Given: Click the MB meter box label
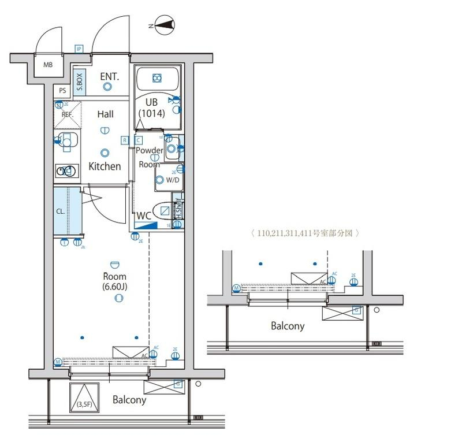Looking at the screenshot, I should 48,65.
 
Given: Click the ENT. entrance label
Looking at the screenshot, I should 109,76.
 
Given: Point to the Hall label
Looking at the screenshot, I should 105,114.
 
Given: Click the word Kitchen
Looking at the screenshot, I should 105,166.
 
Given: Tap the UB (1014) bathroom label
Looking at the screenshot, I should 151,108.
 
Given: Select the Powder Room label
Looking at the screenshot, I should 149,157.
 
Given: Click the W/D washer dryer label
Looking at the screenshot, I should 173,180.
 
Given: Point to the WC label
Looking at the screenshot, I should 144,216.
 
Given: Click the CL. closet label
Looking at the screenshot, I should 61,211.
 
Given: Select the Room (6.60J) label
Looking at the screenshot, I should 114,281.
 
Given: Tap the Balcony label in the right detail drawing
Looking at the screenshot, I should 288,326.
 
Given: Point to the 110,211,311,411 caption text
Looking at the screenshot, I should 305,233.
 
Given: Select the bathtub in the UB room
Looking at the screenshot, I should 157,79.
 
